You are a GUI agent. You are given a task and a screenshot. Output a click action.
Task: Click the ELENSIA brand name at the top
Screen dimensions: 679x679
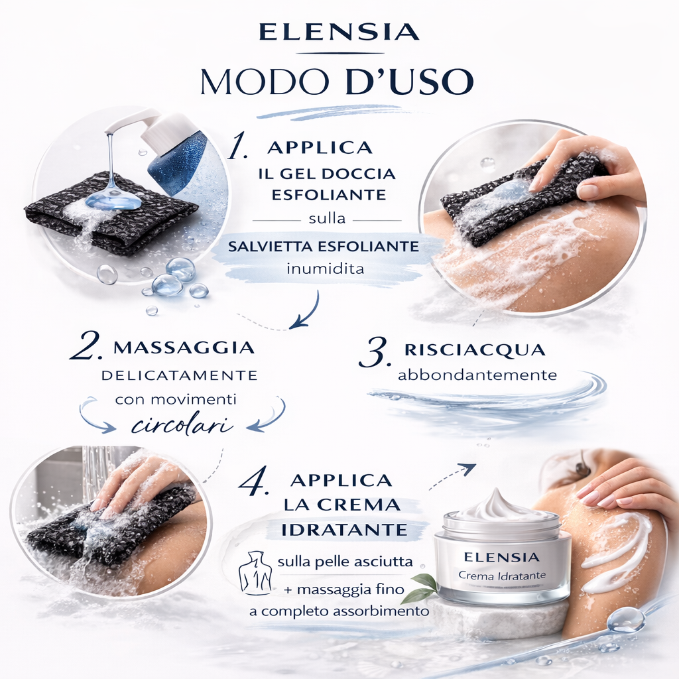point(339,32)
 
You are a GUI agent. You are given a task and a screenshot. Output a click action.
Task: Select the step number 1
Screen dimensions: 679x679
point(238,147)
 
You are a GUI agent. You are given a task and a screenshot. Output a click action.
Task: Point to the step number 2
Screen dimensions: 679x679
point(86,347)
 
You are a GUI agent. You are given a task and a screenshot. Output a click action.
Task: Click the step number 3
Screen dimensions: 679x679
point(375,353)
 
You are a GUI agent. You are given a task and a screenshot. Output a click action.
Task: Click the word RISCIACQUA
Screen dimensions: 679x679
point(474,350)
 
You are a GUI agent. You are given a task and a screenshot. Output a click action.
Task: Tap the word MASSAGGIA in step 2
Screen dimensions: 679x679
point(184,347)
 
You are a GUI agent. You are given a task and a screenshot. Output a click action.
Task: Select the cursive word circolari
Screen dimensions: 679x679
point(182,425)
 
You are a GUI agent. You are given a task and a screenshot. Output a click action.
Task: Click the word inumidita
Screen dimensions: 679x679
point(325,269)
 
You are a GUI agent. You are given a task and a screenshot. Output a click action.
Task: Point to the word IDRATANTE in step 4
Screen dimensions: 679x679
point(344,529)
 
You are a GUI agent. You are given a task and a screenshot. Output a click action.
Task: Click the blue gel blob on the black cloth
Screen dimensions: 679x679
point(113,200)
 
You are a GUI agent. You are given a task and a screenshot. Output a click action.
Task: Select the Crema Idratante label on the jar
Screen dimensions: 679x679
point(502,576)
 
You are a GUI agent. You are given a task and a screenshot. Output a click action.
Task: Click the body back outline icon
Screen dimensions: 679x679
point(255,572)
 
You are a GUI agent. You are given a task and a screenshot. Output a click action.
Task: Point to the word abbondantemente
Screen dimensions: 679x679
point(477,375)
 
